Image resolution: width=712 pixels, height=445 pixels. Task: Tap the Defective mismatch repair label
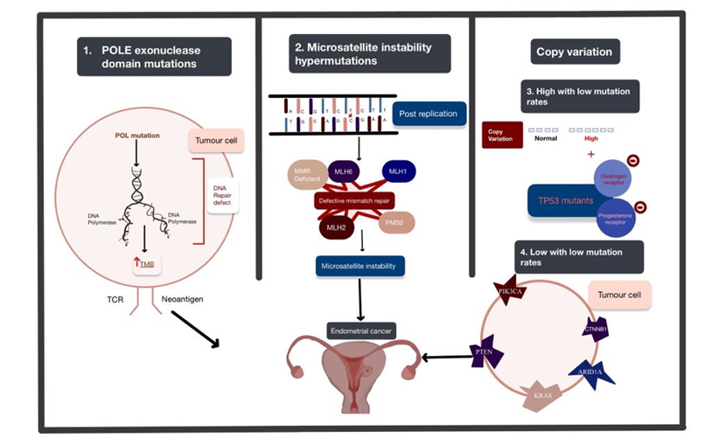[x=357, y=200]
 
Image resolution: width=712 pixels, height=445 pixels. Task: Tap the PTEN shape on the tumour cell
[x=484, y=351]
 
